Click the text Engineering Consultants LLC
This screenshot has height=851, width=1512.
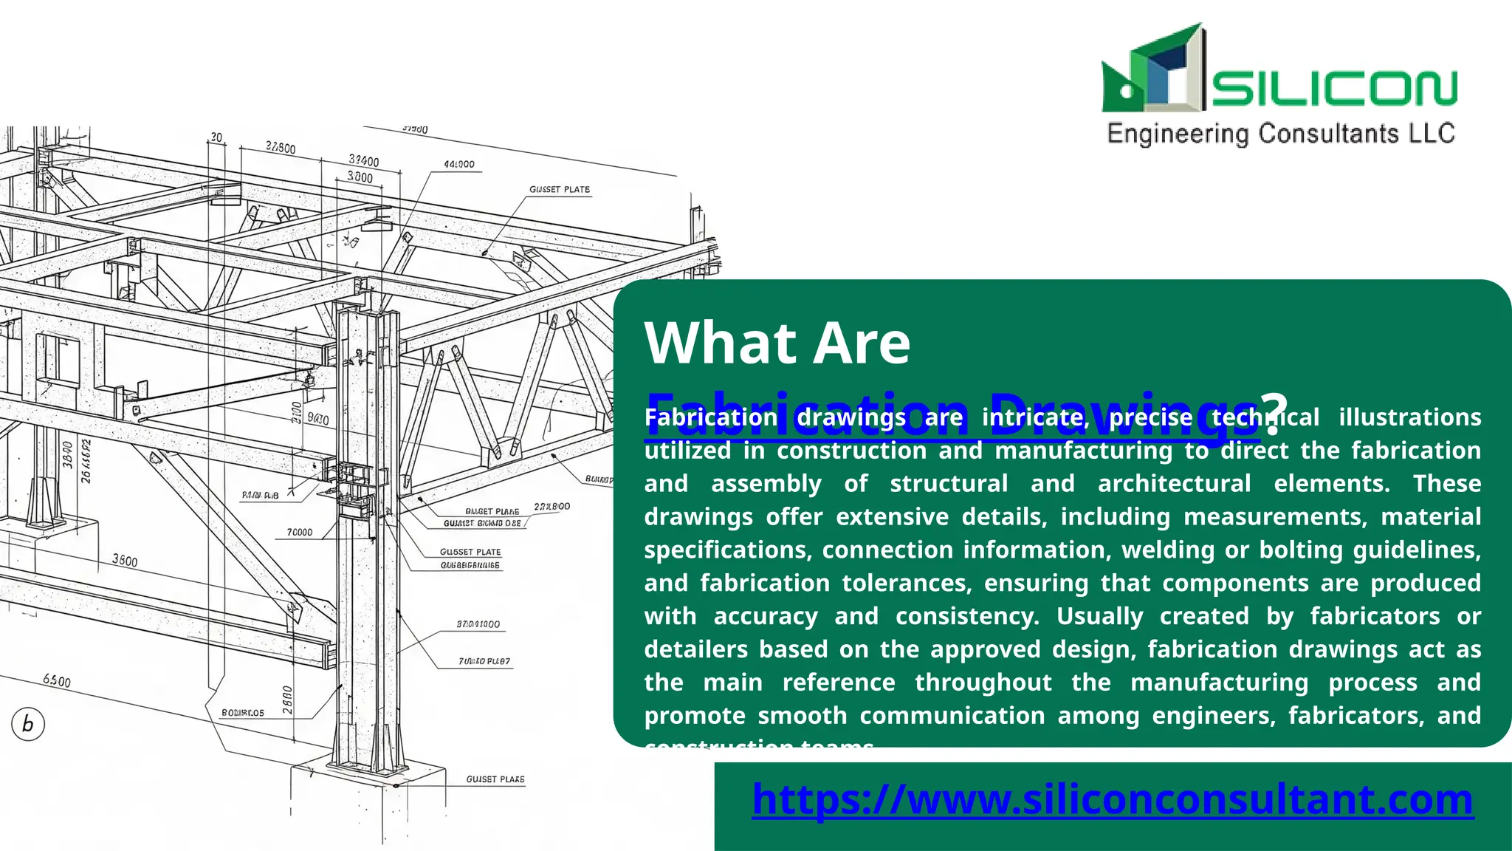[x=1281, y=134]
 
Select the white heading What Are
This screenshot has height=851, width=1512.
[x=777, y=343]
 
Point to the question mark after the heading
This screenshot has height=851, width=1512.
[x=1274, y=412]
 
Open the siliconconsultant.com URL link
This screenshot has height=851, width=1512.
[x=1113, y=799]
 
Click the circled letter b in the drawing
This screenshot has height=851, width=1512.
[x=28, y=723]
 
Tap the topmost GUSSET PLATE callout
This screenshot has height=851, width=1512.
[x=560, y=190]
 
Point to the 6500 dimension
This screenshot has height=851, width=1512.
[x=57, y=680]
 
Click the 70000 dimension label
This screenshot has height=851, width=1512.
[x=300, y=532]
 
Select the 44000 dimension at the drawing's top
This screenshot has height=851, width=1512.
[x=459, y=164]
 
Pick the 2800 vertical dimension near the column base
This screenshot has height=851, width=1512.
[x=287, y=700]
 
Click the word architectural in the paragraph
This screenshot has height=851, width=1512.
[x=1174, y=484]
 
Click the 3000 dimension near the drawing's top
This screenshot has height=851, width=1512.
[x=360, y=177]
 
